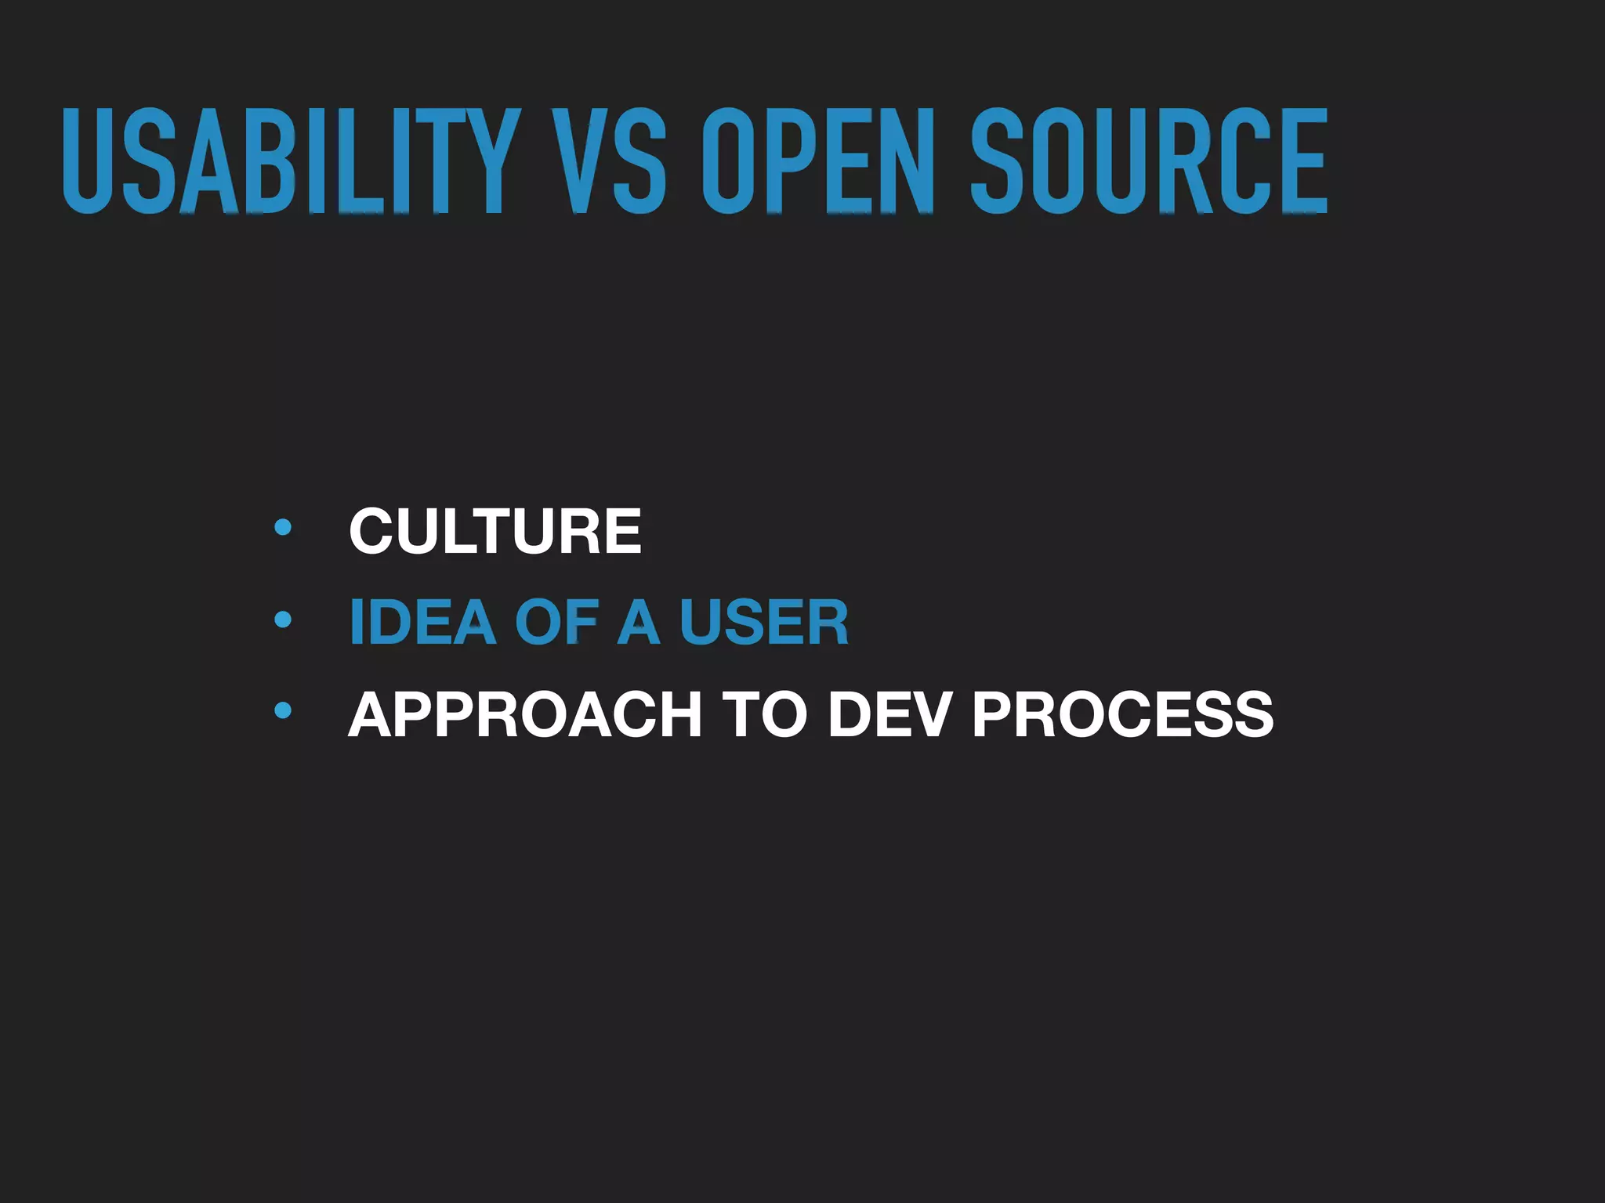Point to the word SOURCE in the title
1149,161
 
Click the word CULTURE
495,531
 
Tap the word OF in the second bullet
557,623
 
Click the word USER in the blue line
764,623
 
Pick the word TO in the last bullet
764,714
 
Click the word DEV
889,714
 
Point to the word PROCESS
1123,714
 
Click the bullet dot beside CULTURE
283,527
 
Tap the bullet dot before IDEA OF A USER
283,620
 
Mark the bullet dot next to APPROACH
283,711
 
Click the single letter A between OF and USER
639,623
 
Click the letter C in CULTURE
375,531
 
